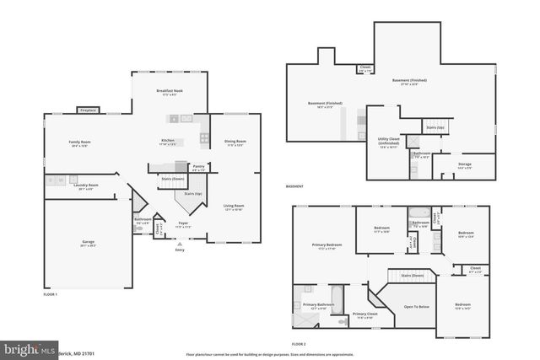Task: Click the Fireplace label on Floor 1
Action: [88, 110]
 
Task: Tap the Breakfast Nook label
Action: [170, 90]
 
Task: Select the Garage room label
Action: [88, 242]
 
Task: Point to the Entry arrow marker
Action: [179, 242]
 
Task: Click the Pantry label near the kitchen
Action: [199, 167]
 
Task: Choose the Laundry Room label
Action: [88, 185]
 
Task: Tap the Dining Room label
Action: [235, 141]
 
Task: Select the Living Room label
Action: [234, 206]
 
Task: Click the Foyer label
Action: [183, 223]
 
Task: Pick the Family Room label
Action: [79, 142]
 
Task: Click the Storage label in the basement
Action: [465, 164]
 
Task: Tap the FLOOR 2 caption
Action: [299, 344]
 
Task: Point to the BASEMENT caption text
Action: [296, 186]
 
